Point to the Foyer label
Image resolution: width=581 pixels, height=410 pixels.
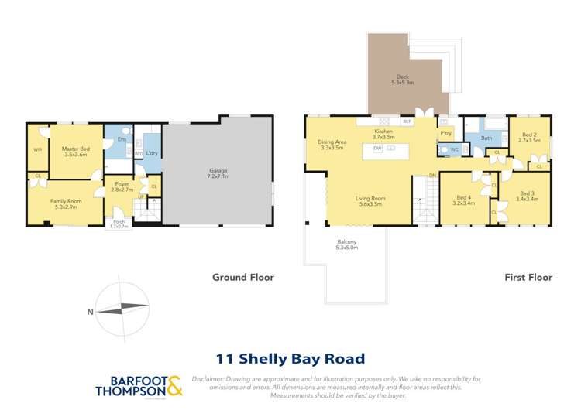pyautogui.click(x=122, y=184)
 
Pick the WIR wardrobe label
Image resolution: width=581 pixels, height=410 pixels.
pyautogui.click(x=37, y=149)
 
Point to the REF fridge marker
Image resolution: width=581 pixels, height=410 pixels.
pyautogui.click(x=407, y=122)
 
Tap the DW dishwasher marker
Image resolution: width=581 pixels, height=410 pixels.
pyautogui.click(x=377, y=147)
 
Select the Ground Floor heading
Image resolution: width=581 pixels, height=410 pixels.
pyautogui.click(x=243, y=277)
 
